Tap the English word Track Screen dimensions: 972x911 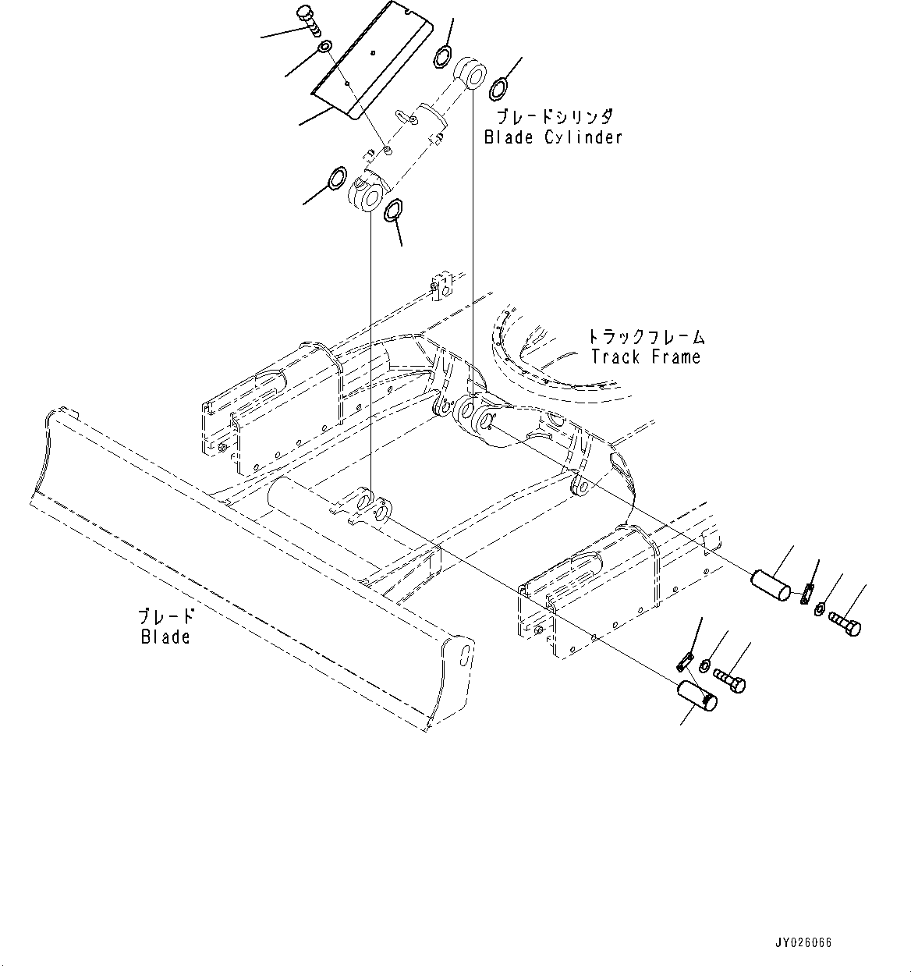[615, 357]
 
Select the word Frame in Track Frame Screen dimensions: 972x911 [675, 357]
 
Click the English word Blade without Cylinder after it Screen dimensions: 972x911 [165, 637]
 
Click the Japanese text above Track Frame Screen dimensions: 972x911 [647, 337]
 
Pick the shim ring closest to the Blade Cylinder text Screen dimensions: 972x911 [499, 88]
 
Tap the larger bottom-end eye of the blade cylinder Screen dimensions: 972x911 [365, 195]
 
